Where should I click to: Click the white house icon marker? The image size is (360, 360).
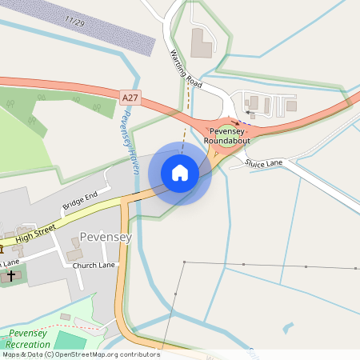[180, 172]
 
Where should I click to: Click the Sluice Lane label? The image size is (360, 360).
[264, 162]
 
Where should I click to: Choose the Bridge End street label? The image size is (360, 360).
[80, 200]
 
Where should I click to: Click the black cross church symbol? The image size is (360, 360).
[11, 274]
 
